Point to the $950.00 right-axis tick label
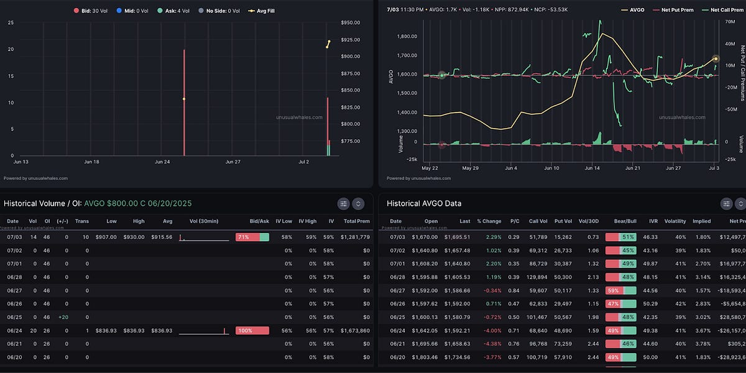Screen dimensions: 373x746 tap(351, 23)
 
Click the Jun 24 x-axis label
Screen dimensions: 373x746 tap(162, 162)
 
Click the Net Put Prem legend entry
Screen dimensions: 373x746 tap(673, 10)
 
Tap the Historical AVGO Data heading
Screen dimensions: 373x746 tap(424, 203)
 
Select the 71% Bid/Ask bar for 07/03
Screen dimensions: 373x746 tap(252, 237)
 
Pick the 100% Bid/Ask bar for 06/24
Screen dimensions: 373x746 tap(252, 330)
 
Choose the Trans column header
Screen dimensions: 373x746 tap(82, 221)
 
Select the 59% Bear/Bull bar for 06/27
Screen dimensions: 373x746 tap(620, 290)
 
